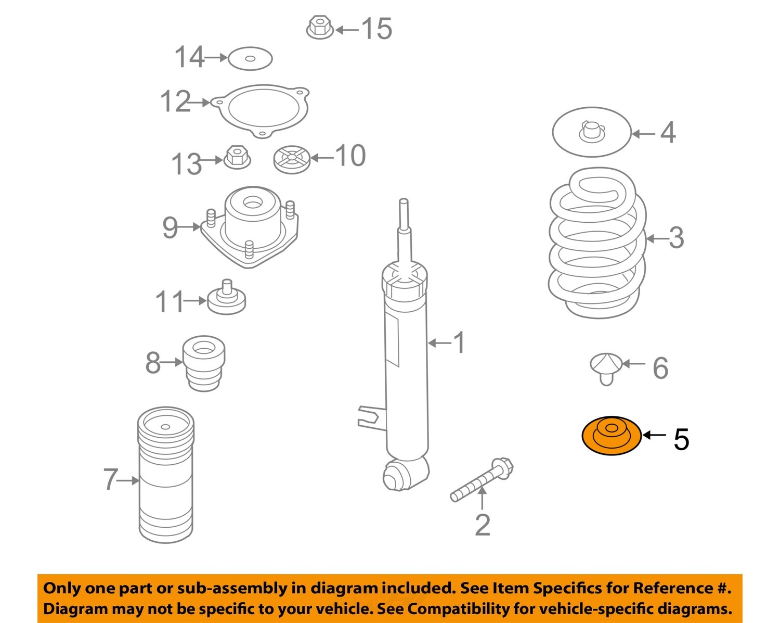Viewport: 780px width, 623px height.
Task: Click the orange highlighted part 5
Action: click(x=611, y=436)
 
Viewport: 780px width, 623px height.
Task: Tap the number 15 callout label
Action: click(x=376, y=29)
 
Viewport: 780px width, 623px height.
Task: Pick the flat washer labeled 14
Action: click(x=250, y=58)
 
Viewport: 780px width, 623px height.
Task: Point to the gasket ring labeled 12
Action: click(x=262, y=110)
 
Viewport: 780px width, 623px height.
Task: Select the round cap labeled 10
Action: click(x=292, y=159)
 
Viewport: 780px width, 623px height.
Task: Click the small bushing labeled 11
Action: click(x=226, y=299)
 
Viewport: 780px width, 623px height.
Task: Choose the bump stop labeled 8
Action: click(x=204, y=363)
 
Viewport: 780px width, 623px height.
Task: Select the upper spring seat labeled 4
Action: click(x=591, y=132)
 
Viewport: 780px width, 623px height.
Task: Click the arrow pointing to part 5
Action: click(x=654, y=435)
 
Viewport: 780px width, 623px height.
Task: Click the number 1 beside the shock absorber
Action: click(x=459, y=342)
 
